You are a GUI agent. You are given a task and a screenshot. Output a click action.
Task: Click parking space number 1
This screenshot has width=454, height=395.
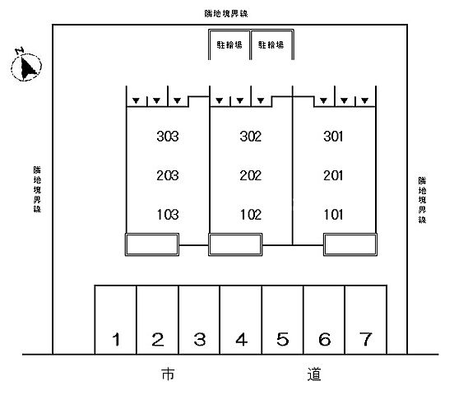click(x=115, y=319)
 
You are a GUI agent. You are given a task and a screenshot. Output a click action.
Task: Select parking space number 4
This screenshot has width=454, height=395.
click(x=241, y=319)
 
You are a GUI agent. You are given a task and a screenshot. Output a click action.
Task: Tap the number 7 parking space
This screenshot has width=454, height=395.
click(x=366, y=319)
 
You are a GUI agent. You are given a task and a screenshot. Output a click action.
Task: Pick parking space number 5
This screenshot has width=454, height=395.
click(x=283, y=319)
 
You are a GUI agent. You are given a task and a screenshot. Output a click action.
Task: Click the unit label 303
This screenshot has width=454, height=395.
click(x=168, y=137)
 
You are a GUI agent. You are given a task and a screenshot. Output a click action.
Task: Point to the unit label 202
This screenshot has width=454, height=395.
click(x=251, y=175)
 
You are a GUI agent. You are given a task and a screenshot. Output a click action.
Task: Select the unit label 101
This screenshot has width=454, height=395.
click(x=333, y=215)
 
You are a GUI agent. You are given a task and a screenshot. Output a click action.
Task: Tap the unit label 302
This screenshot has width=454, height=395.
click(x=251, y=137)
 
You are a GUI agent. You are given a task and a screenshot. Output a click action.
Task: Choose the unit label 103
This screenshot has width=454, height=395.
click(x=168, y=215)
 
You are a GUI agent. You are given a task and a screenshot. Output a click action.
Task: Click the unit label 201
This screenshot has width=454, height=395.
click(x=333, y=175)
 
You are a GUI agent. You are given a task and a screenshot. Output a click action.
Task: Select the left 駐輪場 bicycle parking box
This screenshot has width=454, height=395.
click(x=229, y=44)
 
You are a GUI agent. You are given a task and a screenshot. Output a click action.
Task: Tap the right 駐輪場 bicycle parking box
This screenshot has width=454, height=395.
click(x=272, y=44)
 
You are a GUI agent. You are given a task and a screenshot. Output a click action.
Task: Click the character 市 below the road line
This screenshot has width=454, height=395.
click(x=168, y=374)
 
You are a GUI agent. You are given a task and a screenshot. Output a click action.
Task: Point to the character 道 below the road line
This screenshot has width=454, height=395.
click(x=314, y=374)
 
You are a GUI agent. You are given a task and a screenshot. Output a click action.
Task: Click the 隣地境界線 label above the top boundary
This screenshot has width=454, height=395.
click(x=226, y=13)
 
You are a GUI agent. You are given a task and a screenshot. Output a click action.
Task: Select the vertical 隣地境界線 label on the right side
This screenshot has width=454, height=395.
click(x=422, y=200)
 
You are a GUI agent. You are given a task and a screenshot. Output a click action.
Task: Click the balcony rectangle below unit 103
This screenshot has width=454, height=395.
click(x=152, y=244)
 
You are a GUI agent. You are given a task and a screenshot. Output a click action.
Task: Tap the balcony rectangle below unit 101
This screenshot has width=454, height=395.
click(x=350, y=244)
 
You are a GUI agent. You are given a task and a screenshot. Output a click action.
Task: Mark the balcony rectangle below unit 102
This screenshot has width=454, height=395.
click(x=235, y=244)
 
